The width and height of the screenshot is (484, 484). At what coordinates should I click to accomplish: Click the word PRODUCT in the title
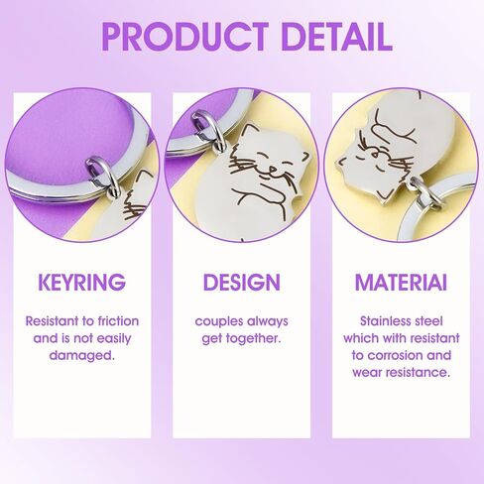point(185,37)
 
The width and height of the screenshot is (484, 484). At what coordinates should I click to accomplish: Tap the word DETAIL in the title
point(337,37)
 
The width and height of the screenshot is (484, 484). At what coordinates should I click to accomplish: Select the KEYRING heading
point(82,282)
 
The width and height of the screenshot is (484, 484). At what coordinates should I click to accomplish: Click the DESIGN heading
point(242,282)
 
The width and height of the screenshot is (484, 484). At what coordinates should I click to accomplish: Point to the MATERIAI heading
point(401,282)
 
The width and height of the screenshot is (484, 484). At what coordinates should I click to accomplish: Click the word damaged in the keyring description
point(81,355)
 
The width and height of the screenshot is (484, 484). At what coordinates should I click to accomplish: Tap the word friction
point(118,321)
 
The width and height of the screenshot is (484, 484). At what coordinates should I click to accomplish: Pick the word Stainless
point(383,321)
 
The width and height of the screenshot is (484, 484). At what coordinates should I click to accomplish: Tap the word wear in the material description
point(368,373)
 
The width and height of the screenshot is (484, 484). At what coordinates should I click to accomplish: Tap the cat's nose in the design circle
point(273,169)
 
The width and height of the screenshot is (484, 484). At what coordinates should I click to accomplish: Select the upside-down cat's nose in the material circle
point(375,154)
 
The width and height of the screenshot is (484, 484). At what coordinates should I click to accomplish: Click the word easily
point(113,339)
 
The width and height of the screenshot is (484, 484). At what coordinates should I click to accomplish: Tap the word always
point(268,321)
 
